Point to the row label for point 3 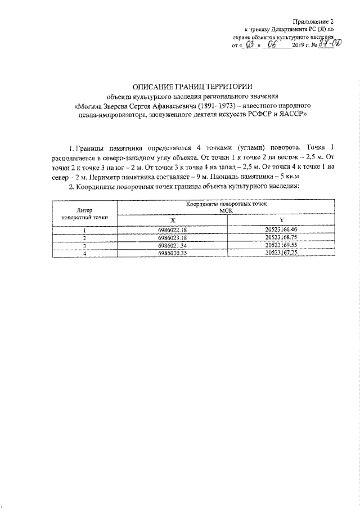pyautogui.click(x=84, y=245)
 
